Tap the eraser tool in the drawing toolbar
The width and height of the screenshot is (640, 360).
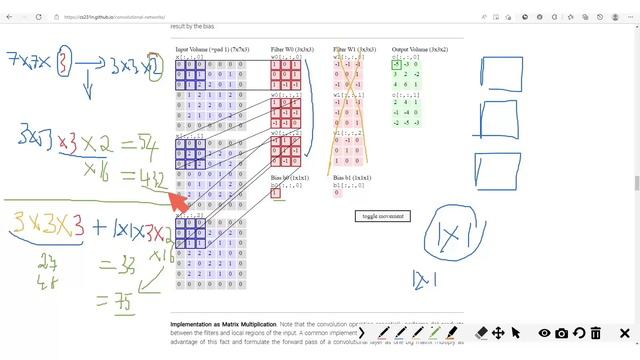point(481,333)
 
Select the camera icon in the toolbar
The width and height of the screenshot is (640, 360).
point(562,333)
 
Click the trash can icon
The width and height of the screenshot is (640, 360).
point(596,333)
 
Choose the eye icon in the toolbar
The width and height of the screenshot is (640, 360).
point(545,333)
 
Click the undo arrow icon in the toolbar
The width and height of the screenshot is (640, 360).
point(579,333)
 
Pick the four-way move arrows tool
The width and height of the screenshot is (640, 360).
point(498,333)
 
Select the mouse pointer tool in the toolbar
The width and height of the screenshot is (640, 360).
point(516,333)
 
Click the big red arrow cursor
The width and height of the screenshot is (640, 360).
point(178,200)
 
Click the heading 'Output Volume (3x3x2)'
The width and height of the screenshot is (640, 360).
point(420,49)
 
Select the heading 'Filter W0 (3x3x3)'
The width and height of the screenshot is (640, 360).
point(293,49)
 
